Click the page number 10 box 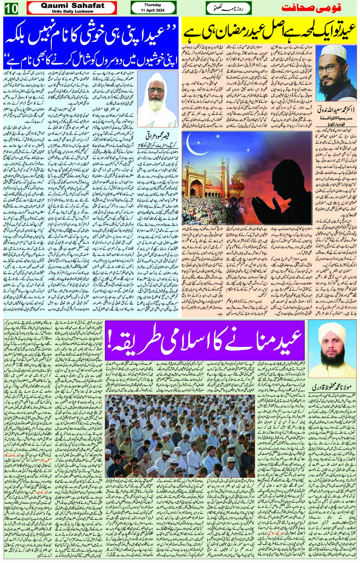click(11, 8)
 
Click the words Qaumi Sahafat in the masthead click(72, 5)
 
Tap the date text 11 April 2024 click(153, 10)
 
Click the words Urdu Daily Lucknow click(72, 11)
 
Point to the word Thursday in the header click(153, 5)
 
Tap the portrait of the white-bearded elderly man click(152, 99)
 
